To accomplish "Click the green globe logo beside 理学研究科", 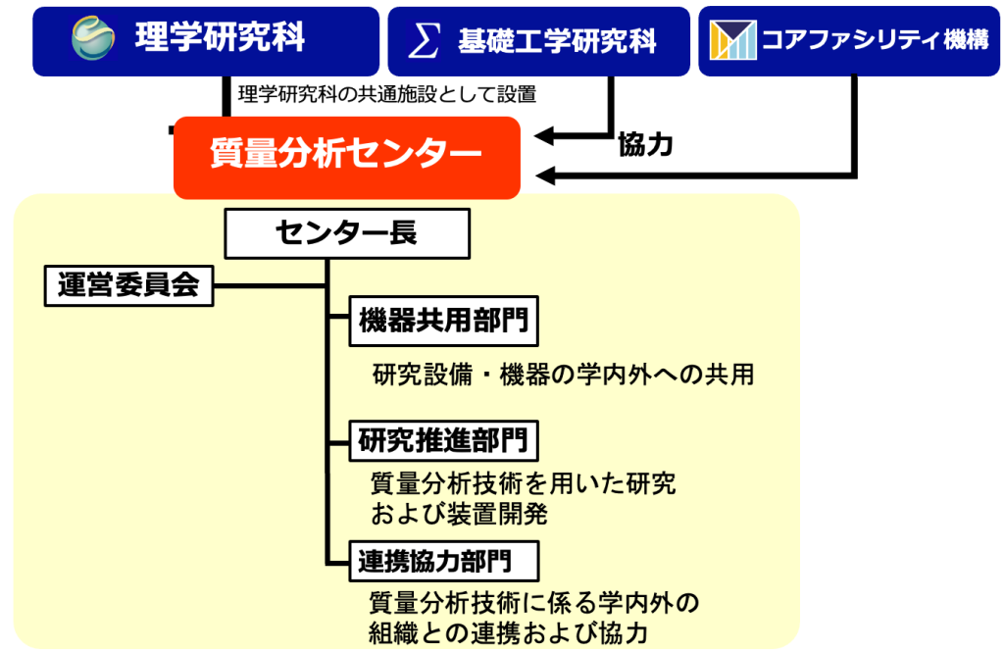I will pos(95,39).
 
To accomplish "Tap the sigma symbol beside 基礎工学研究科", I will pos(424,40).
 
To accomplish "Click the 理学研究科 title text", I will pos(220,38).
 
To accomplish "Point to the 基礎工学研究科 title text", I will pos(558,40).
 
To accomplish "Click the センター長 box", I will pos(346,233).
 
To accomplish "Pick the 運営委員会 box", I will pos(128,285).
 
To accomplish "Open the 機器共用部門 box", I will pos(444,323).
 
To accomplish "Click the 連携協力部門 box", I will pos(444,561).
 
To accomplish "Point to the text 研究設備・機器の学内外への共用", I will pos(563,375).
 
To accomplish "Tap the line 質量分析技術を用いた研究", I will pos(523,483).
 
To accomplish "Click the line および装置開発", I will pos(458,513).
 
